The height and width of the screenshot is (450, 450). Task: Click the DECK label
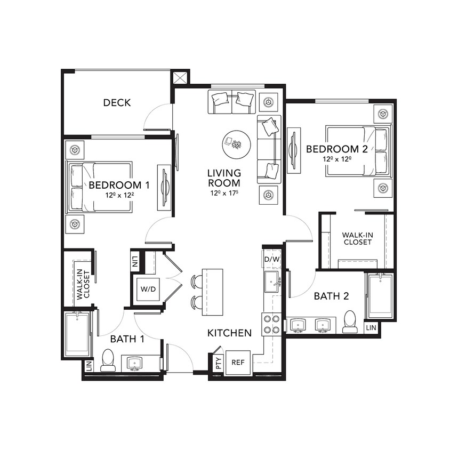coord(117,102)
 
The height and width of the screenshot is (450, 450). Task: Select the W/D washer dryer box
coord(148,290)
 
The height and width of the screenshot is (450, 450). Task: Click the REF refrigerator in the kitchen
coord(237,362)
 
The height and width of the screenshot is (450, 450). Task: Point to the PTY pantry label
coord(218,364)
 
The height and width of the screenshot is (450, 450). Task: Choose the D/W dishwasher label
coord(271,260)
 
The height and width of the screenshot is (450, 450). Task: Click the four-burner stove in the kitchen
coord(272,324)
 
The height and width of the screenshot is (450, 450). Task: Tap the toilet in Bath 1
coord(108,360)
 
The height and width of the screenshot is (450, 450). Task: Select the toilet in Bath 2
coord(350,322)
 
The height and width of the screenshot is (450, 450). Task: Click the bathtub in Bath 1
coord(77,334)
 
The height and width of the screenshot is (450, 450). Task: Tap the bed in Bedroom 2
coord(357,150)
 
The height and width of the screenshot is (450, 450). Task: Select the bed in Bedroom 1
coord(100,187)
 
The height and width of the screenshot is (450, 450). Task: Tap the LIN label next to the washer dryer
coord(135,261)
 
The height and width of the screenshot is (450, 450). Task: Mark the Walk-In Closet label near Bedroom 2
coord(357,238)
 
